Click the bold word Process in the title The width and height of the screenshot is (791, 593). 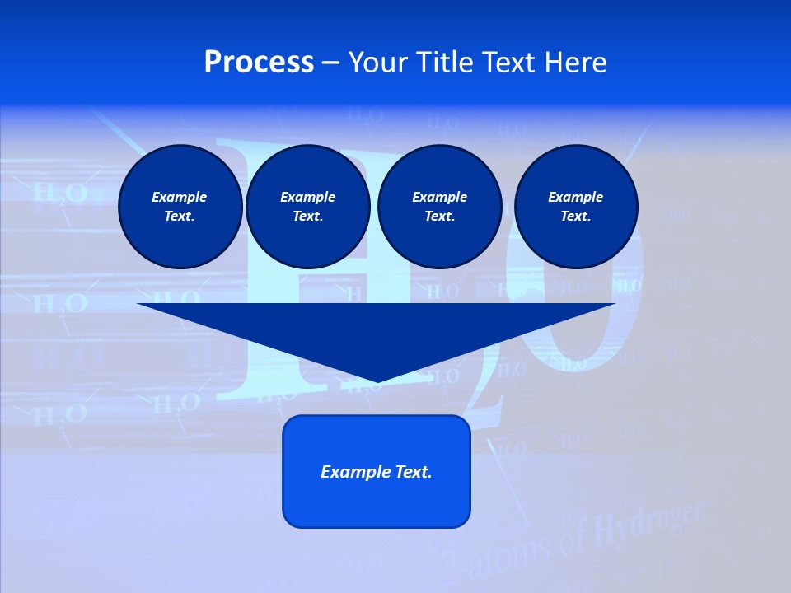coord(259,63)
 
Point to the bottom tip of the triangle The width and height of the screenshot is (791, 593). coord(377,381)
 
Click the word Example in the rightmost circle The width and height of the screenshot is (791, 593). coord(575,197)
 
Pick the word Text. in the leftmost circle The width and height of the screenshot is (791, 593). coord(180,217)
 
